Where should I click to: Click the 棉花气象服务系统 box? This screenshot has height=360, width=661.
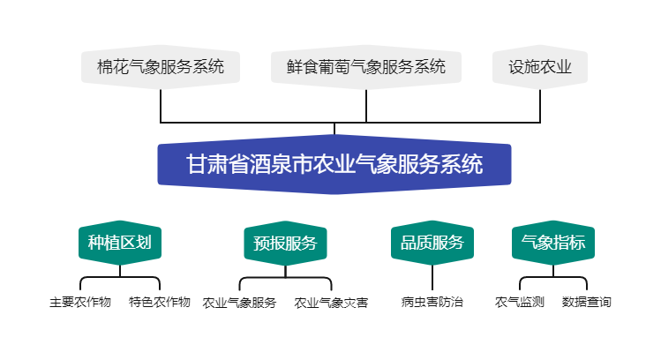pos(161,66)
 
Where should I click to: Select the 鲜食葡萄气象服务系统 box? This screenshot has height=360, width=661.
pos(366,66)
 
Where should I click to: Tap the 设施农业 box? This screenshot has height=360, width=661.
pos(540,66)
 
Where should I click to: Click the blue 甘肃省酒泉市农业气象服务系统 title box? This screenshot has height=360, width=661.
pos(334,164)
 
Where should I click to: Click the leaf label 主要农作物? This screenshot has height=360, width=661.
pos(80,303)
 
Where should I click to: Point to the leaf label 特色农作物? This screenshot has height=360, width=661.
pos(160,303)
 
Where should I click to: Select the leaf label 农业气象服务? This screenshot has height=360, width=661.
pos(239,303)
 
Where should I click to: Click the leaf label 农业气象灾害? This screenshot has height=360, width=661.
pos(331,303)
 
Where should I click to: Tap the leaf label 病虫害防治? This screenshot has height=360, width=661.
pos(432,303)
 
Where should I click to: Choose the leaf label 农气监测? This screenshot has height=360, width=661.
pos(520,303)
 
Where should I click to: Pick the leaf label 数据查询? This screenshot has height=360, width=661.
pos(587,303)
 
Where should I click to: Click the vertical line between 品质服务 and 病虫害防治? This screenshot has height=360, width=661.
pos(432,277)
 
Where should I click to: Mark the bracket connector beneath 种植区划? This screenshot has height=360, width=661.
pos(120,278)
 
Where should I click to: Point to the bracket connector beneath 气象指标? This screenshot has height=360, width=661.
pos(553,278)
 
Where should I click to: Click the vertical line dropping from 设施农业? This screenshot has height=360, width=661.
pos(540,104)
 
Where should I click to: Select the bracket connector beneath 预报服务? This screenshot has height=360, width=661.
pos(285,278)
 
